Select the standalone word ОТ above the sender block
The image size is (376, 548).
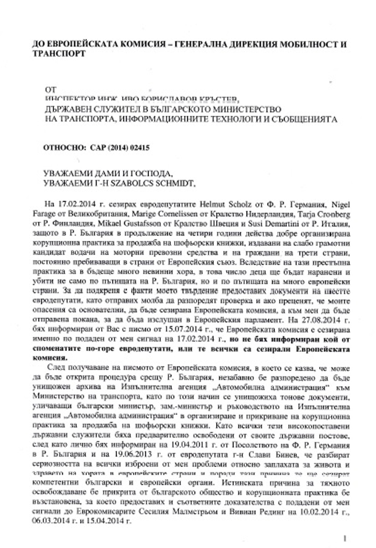(x=50, y=89)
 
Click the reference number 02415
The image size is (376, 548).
(x=138, y=147)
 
